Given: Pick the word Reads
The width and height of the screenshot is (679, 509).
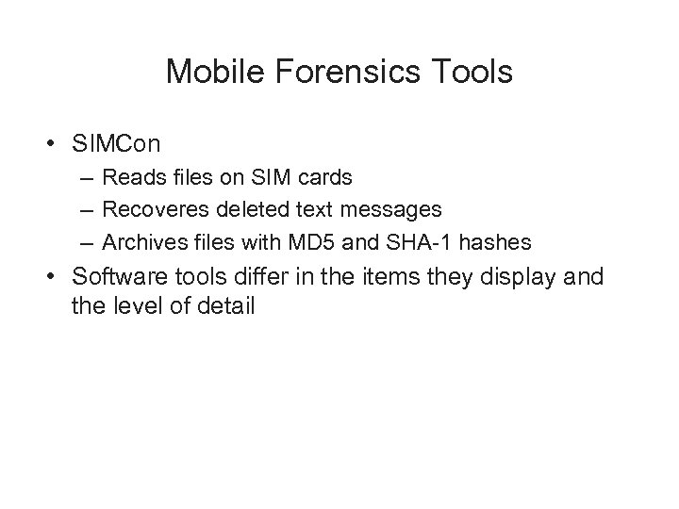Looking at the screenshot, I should [x=131, y=176].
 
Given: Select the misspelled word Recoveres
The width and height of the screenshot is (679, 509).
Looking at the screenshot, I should [x=155, y=209].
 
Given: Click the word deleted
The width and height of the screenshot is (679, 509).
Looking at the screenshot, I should [x=246, y=209].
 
